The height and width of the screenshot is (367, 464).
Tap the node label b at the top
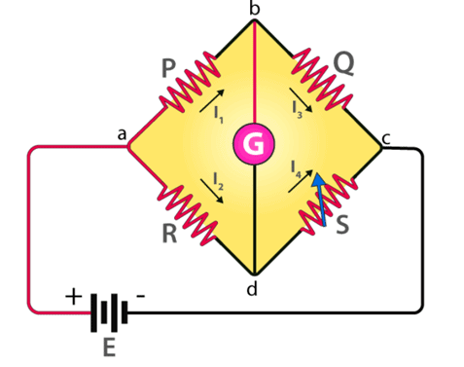point(255,9)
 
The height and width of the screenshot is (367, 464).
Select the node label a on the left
point(123,138)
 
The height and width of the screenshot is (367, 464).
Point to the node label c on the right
point(386,138)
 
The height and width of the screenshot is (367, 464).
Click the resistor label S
point(342,225)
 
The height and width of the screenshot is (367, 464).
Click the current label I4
point(295,170)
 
